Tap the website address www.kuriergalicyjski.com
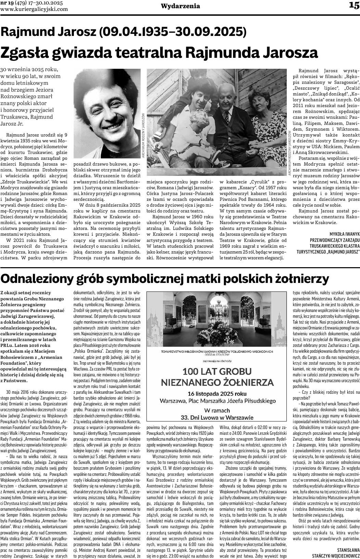[x=34, y=9]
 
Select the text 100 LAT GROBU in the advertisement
[x=217, y=371]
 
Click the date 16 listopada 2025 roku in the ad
[x=217, y=393]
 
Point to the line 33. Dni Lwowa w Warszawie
[x=217, y=417]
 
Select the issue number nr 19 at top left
[x=7, y=3]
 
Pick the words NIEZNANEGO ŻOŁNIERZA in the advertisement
[x=217, y=382]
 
